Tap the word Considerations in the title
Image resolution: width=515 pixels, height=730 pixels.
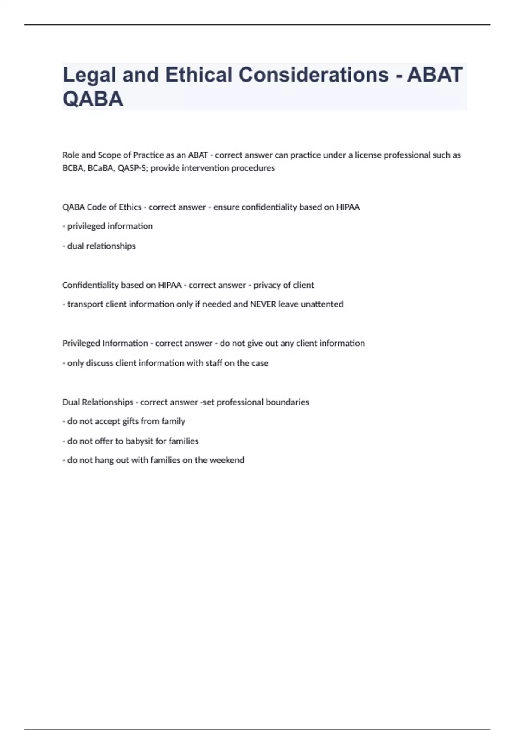pos(313,75)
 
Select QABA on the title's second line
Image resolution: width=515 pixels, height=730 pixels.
pos(93,99)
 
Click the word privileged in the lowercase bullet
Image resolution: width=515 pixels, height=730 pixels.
pos(86,226)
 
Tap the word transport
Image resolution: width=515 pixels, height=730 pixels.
pos(85,304)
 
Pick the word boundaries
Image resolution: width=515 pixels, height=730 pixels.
pos(288,402)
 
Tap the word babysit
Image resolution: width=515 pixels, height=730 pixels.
pos(139,441)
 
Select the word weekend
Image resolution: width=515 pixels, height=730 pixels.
pos(227,460)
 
